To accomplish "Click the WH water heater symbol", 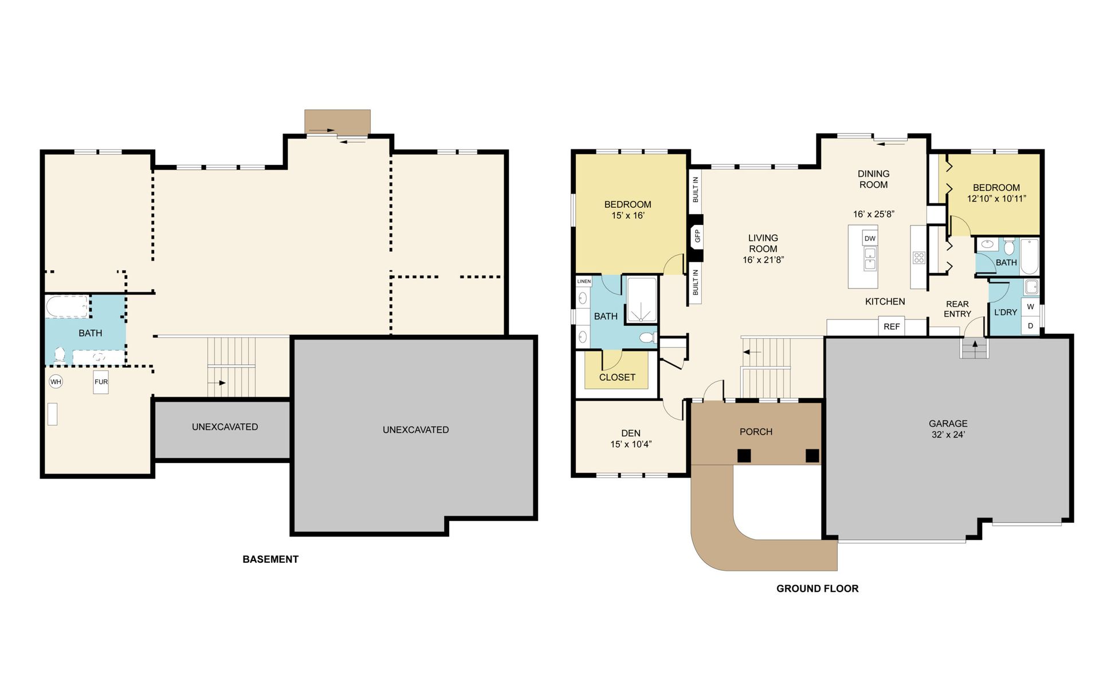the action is tap(56, 382).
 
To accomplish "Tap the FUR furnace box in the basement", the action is tap(101, 382).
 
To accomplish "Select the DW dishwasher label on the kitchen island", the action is tap(870, 239).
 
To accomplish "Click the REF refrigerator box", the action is tap(892, 326).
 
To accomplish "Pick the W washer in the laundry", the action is tap(1030, 307).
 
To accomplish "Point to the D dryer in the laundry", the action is tap(1030, 326).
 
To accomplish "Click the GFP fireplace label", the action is tap(697, 236).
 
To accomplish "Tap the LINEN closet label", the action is tap(584, 281).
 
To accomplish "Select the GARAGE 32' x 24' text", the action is tap(948, 429).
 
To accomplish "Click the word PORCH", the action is tap(756, 432).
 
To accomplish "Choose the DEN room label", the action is tap(631, 433).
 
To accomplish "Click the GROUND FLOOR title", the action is tap(817, 589).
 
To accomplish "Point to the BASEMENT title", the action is tap(270, 559).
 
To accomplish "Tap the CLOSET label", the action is tap(617, 377).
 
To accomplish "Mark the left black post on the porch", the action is tap(744, 456).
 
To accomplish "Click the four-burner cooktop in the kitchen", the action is tap(919, 258).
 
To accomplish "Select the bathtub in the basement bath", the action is tap(68, 306).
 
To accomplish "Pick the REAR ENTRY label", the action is tap(957, 309).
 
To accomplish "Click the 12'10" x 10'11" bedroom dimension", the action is tap(996, 199).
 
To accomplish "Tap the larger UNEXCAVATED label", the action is tap(415, 430).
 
